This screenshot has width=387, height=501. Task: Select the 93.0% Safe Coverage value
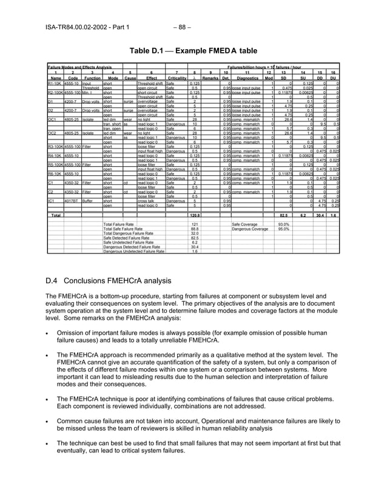(x=283, y=241)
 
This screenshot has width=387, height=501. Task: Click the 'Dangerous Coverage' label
(x=249, y=246)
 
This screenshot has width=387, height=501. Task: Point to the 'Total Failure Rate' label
(x=119, y=241)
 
